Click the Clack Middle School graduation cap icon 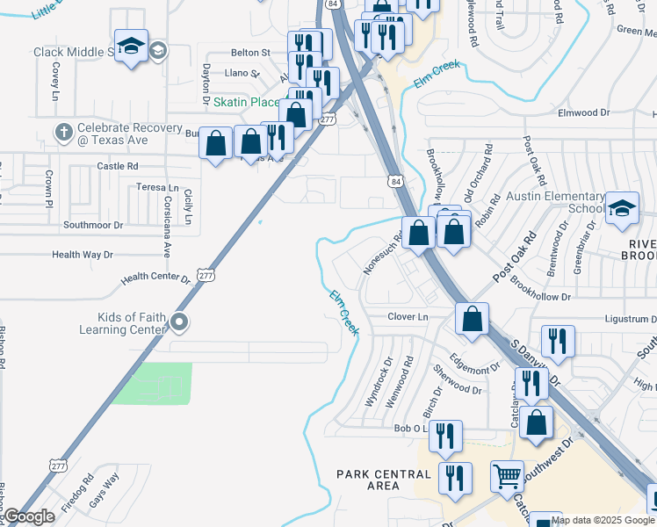pos(131,47)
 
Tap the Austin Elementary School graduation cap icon pos(622,208)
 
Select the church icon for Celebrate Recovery pos(63,133)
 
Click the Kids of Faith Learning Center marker pos(179,322)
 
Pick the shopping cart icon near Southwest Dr pos(507,477)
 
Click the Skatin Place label pos(247,103)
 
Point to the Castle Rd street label pos(118,165)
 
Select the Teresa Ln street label pos(157,188)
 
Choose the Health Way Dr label pos(83,255)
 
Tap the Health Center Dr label pos(155,278)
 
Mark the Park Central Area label pos(384,480)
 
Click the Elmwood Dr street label pos(584,113)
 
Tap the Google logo pos(29,517)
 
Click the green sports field pos(153,384)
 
